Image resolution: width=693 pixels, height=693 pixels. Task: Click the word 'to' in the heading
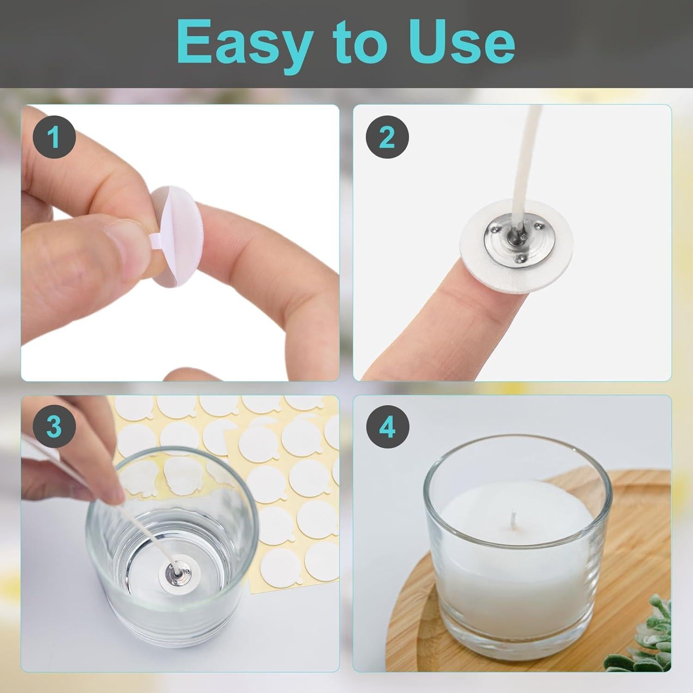353,44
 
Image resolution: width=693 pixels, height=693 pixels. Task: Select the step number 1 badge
55,137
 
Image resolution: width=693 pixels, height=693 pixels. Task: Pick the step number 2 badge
387,137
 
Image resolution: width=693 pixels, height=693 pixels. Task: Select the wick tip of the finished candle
513,512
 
